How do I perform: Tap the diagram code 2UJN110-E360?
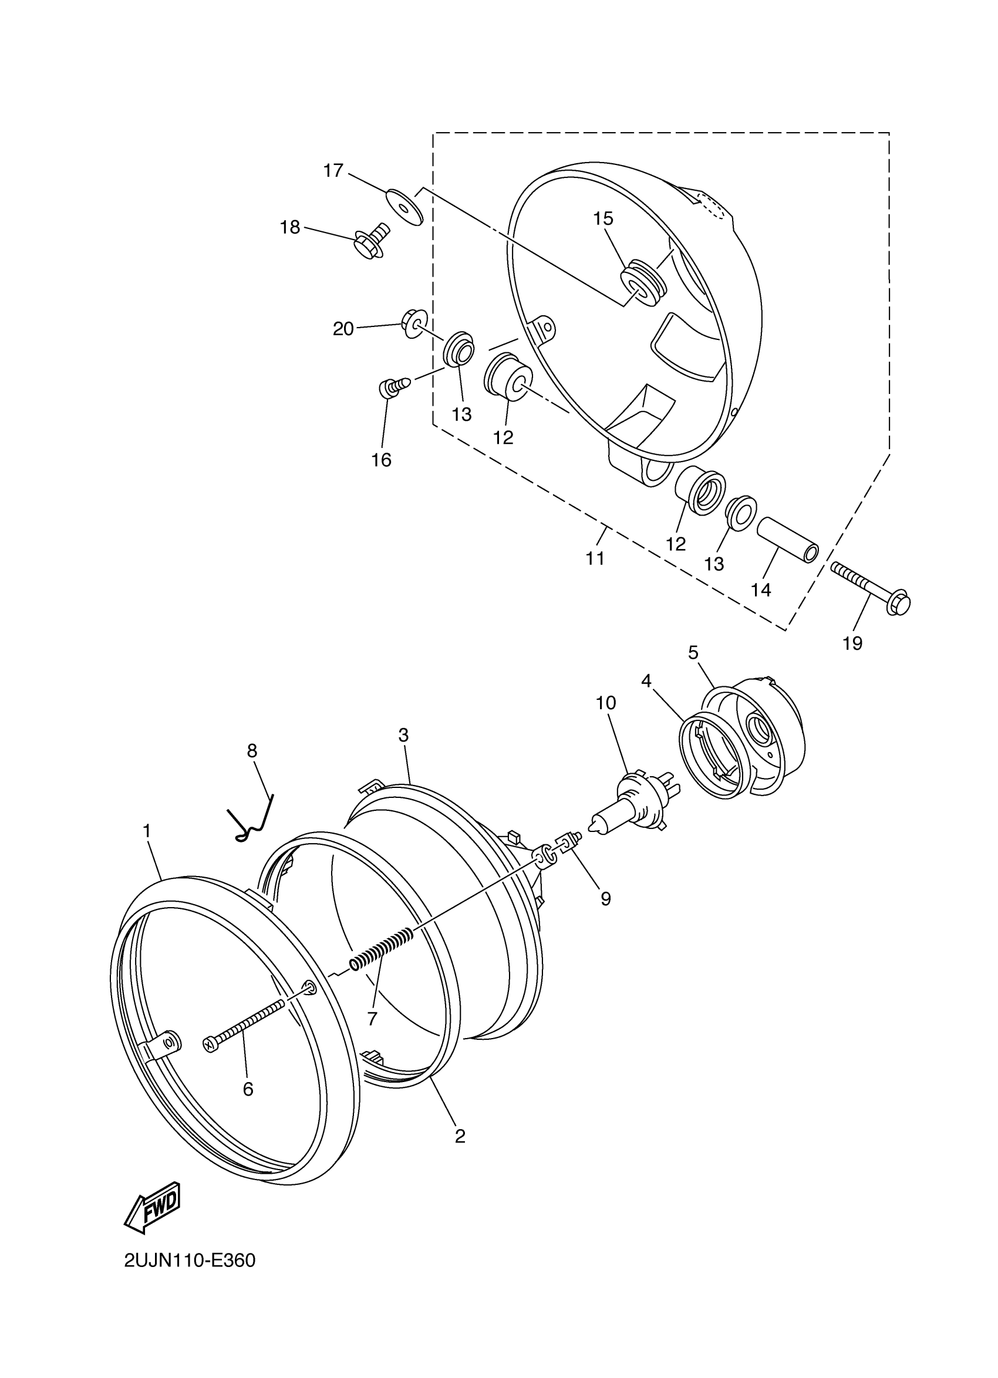[x=190, y=1261]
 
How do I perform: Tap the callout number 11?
[x=595, y=558]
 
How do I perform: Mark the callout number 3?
[x=403, y=735]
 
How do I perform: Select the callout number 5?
[x=693, y=652]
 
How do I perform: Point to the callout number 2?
[x=460, y=1136]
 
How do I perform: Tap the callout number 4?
[x=646, y=681]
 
